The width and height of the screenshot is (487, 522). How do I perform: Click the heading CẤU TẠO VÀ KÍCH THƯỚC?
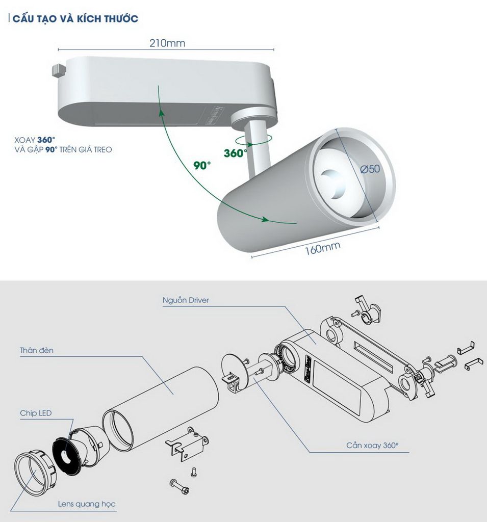(x=75, y=19)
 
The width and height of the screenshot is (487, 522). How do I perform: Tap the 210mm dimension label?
(x=167, y=43)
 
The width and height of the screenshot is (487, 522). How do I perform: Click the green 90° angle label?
(x=202, y=166)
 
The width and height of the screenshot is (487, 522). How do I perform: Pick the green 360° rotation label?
(x=236, y=152)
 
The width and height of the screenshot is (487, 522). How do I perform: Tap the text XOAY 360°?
(x=35, y=140)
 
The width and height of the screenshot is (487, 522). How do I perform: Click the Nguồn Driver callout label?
(x=186, y=300)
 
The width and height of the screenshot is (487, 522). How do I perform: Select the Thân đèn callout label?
(x=37, y=351)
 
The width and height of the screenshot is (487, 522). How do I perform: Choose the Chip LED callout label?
(x=36, y=413)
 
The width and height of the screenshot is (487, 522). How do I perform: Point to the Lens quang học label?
(x=86, y=505)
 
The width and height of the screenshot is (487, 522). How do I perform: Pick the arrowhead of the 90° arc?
(x=265, y=220)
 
